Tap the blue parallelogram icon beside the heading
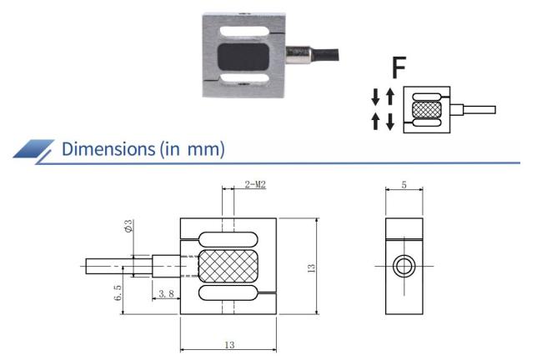point(34,150)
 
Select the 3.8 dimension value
point(165,292)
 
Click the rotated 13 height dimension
point(311,267)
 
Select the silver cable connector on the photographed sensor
point(298,57)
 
